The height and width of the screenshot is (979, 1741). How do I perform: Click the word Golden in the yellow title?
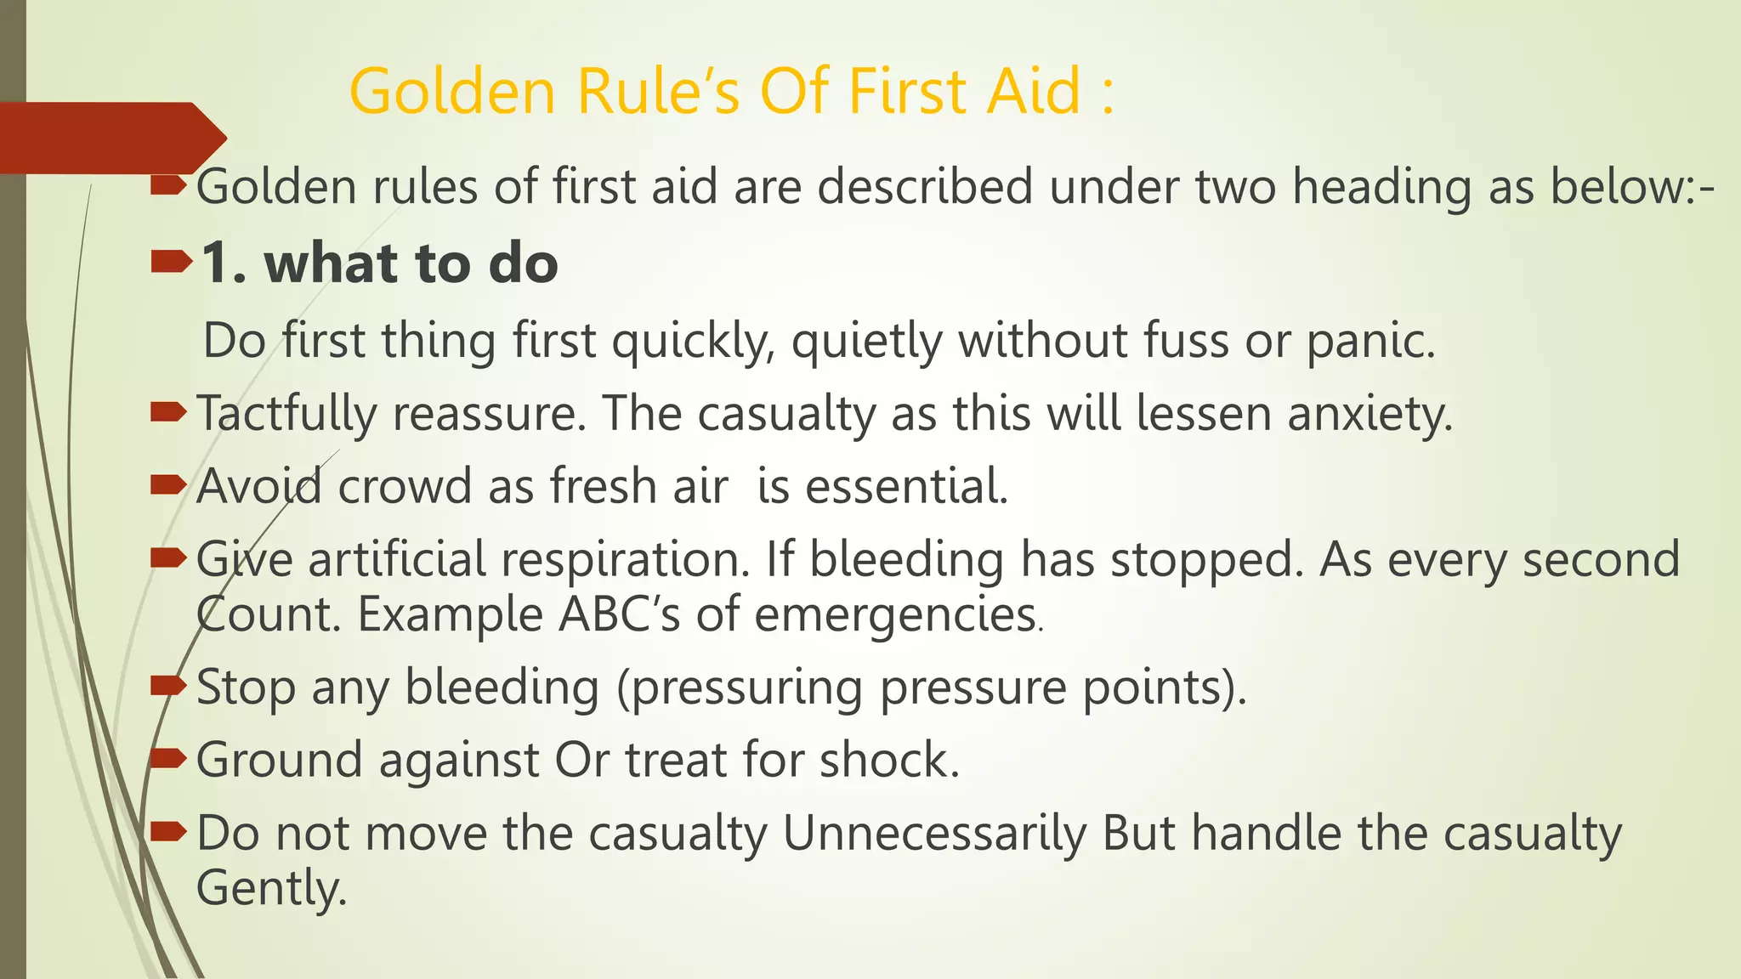pos(451,91)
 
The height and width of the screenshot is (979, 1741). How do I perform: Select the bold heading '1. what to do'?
pos(379,263)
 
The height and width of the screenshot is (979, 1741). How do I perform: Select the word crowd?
pos(405,487)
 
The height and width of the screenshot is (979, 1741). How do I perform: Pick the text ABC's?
pos(619,614)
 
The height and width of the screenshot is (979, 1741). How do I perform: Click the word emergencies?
pos(894,614)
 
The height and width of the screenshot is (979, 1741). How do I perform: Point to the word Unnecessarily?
pos(933,834)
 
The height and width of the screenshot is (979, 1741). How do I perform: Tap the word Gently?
pos(271,888)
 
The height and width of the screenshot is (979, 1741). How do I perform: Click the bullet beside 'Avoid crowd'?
pos(167,485)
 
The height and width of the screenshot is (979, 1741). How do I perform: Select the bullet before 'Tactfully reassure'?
pos(167,413)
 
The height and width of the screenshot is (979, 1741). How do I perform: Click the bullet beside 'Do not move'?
pos(167,831)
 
